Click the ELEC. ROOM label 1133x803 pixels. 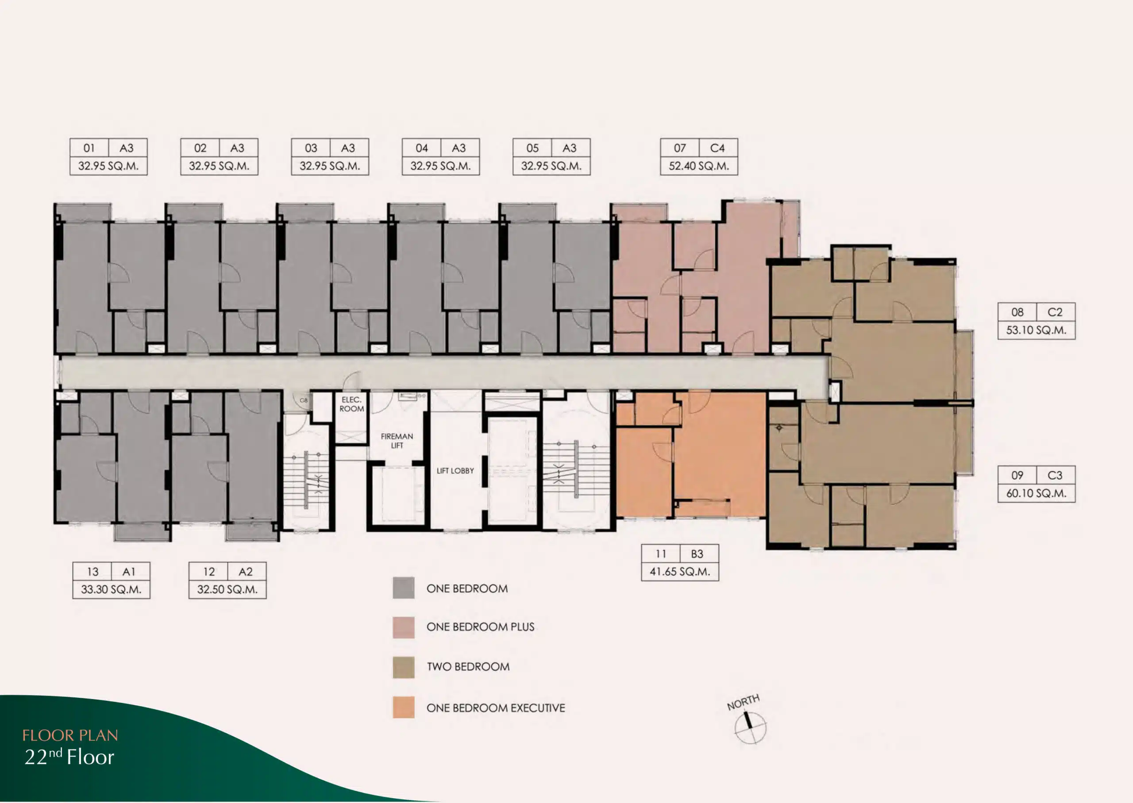pyautogui.click(x=351, y=404)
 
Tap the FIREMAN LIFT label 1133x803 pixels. pyautogui.click(x=397, y=441)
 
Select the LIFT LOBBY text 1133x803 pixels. pyautogui.click(x=455, y=471)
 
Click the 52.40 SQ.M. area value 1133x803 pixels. pyautogui.click(x=699, y=166)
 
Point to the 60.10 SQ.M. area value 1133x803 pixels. pyautogui.click(x=1036, y=493)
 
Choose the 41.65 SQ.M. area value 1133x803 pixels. pyautogui.click(x=679, y=572)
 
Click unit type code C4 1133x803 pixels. pyautogui.click(x=717, y=148)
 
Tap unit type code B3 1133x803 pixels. pyautogui.click(x=697, y=554)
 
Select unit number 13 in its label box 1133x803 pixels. pyautogui.click(x=92, y=572)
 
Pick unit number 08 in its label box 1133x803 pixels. pyautogui.click(x=1017, y=312)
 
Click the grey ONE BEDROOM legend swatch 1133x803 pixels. pyautogui.click(x=404, y=588)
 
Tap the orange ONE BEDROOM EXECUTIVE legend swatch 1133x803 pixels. pyautogui.click(x=404, y=707)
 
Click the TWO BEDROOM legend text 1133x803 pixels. pyautogui.click(x=468, y=667)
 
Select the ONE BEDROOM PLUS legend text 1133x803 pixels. pyautogui.click(x=480, y=627)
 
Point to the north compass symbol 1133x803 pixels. pyautogui.click(x=750, y=727)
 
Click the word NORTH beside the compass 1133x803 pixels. pyautogui.click(x=743, y=702)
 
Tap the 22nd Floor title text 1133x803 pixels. pyautogui.click(x=69, y=757)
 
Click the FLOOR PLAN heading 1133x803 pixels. pyautogui.click(x=70, y=735)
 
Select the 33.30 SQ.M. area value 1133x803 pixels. pyautogui.click(x=111, y=589)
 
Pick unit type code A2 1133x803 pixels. pyautogui.click(x=246, y=572)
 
